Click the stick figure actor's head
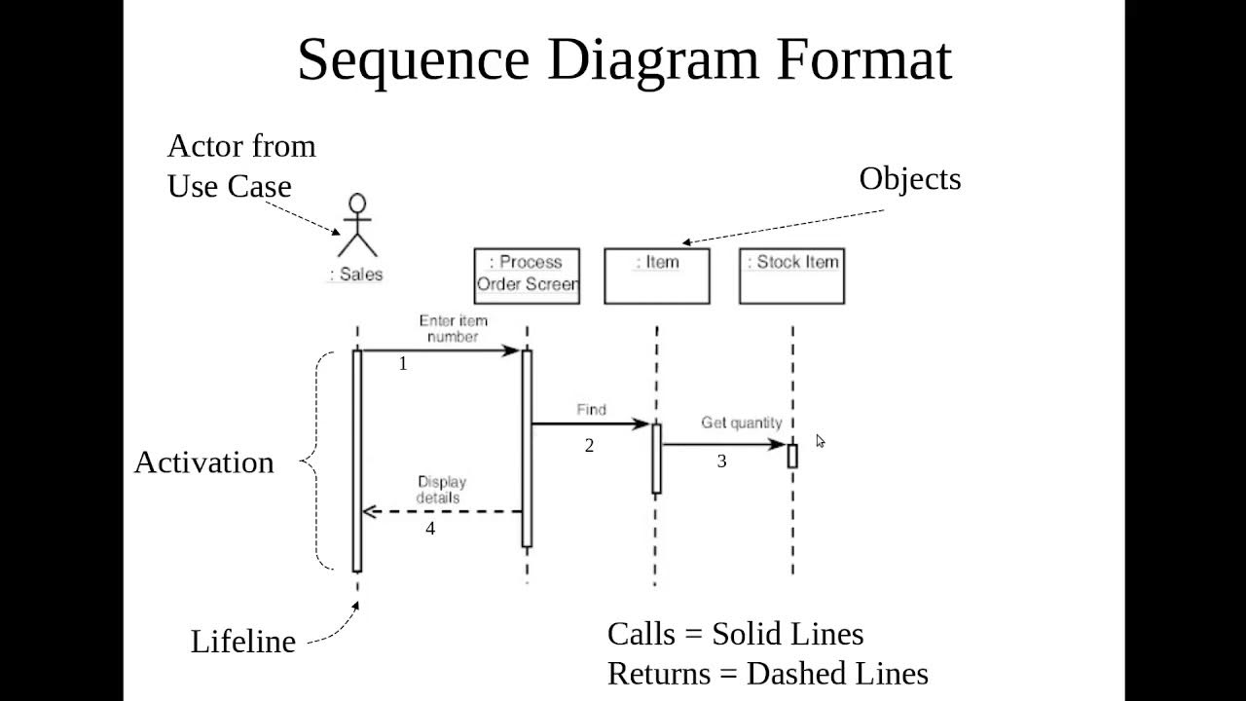358,203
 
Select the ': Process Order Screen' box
527,276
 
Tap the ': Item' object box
657,276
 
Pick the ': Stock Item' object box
791,276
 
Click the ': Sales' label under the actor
356,275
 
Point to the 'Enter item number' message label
454,328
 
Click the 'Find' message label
591,410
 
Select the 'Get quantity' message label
742,423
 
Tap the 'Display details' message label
441,489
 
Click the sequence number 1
403,364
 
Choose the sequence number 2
589,446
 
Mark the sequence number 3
721,461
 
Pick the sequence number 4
430,529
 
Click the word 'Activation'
203,462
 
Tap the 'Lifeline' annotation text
242,642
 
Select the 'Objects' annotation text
909,179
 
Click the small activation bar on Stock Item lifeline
792,456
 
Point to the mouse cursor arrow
820,441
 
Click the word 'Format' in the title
863,59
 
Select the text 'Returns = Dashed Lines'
767,673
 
